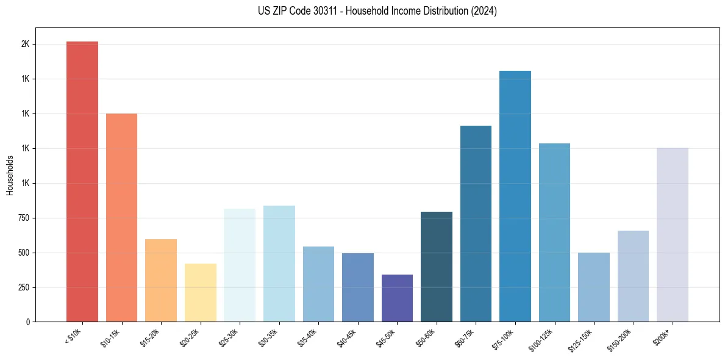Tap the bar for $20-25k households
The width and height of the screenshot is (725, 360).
[200, 292]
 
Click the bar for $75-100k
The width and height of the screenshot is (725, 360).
[515, 196]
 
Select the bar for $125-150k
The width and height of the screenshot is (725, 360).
[593, 287]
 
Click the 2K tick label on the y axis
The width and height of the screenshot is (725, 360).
[25, 45]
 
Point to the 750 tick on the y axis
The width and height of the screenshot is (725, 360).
[24, 218]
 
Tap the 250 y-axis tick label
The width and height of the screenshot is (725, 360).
[24, 287]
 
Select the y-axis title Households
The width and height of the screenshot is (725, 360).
[10, 175]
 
